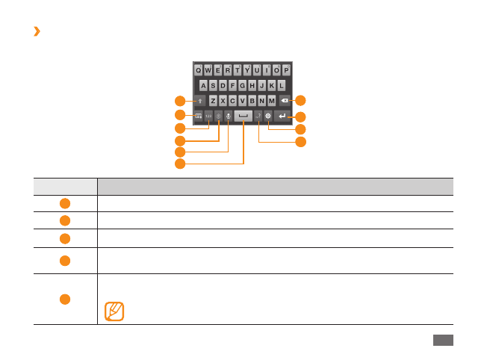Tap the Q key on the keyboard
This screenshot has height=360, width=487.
click(198, 70)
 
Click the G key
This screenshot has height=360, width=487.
click(242, 85)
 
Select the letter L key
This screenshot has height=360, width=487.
click(282, 85)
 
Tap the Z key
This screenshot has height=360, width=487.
click(213, 101)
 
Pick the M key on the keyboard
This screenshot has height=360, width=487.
click(271, 101)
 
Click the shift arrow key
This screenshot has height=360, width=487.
click(200, 101)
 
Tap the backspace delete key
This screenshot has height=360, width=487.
click(285, 101)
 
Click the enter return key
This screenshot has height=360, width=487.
click(282, 117)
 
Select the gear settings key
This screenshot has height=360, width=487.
click(267, 117)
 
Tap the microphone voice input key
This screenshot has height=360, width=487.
click(229, 117)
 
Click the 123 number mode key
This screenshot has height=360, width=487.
click(208, 117)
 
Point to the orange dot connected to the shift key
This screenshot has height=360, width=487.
click(180, 101)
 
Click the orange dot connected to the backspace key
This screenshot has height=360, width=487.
click(300, 101)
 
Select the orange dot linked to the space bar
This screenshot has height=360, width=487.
click(180, 164)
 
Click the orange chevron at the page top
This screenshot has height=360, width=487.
click(37, 31)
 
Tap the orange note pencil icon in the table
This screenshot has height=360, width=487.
click(114, 311)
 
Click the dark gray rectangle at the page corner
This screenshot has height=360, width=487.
click(443, 340)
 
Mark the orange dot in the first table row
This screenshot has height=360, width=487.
click(65, 203)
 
